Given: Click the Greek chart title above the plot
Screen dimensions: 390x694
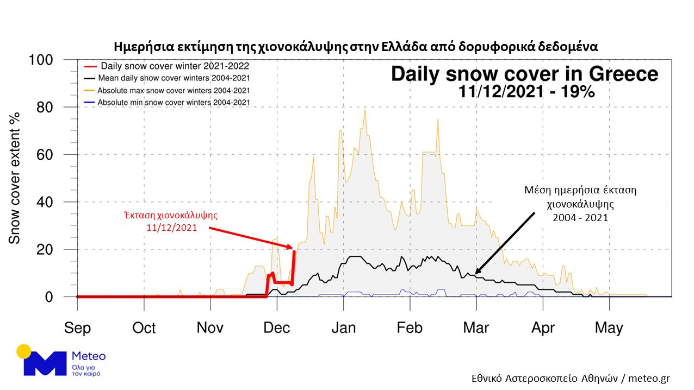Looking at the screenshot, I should (x=356, y=46).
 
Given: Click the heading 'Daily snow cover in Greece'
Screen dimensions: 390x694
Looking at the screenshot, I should (x=524, y=74).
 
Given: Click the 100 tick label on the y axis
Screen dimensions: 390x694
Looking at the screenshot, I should (x=41, y=60).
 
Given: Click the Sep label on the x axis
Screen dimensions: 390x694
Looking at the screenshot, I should (x=77, y=328).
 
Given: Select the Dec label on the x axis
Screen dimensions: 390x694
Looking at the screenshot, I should (x=277, y=328).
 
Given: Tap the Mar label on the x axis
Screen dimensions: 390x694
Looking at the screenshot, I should (x=476, y=328).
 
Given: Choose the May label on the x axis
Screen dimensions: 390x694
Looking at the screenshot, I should (x=609, y=328).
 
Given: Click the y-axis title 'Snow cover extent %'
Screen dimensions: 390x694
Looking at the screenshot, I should (x=15, y=178).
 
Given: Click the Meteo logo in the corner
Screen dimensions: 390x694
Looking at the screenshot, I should (x=61, y=360).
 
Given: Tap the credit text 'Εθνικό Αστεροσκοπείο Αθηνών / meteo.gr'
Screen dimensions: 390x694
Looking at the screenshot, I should (x=571, y=379).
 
